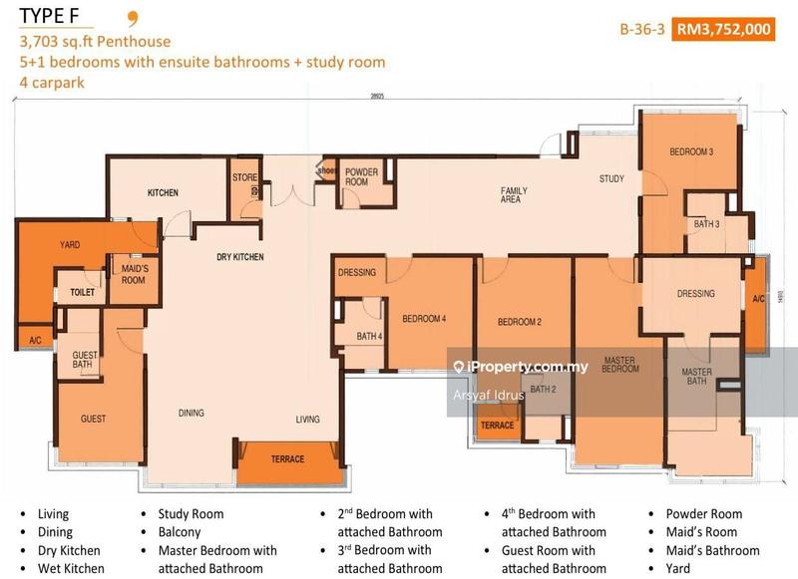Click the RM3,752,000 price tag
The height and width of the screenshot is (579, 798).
coord(724,29)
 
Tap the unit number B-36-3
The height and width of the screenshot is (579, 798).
coord(642,29)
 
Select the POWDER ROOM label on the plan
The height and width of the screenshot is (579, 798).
coord(362,177)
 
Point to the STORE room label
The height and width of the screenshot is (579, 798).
coord(245,178)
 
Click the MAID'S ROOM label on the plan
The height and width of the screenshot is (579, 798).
coord(133,275)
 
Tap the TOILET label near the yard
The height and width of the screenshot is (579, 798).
coord(82,293)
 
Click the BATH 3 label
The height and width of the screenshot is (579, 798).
coord(707,224)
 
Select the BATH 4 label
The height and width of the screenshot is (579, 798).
coord(369,337)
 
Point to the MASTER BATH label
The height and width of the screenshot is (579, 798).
coord(697,377)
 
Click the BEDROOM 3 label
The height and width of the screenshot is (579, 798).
coord(691,152)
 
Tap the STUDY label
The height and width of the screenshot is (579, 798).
coord(611,179)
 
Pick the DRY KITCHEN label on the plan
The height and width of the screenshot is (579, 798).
coord(240,258)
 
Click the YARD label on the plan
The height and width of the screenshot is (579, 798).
coord(70,245)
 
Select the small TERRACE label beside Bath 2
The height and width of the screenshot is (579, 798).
coord(498,426)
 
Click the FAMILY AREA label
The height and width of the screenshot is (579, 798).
coord(514,195)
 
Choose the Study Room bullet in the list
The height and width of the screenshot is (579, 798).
coord(191,514)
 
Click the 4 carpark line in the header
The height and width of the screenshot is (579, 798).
coord(50,83)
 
